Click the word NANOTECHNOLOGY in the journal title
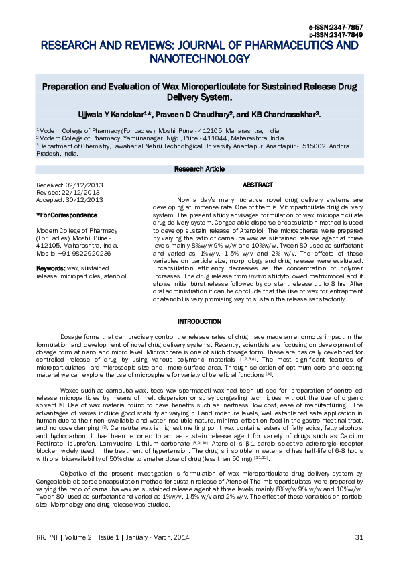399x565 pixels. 199,59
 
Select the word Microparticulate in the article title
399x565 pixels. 207,87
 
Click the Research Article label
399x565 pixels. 199,169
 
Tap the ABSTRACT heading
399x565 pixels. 258,185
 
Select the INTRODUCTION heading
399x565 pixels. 199,322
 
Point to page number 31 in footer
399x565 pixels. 359,537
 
